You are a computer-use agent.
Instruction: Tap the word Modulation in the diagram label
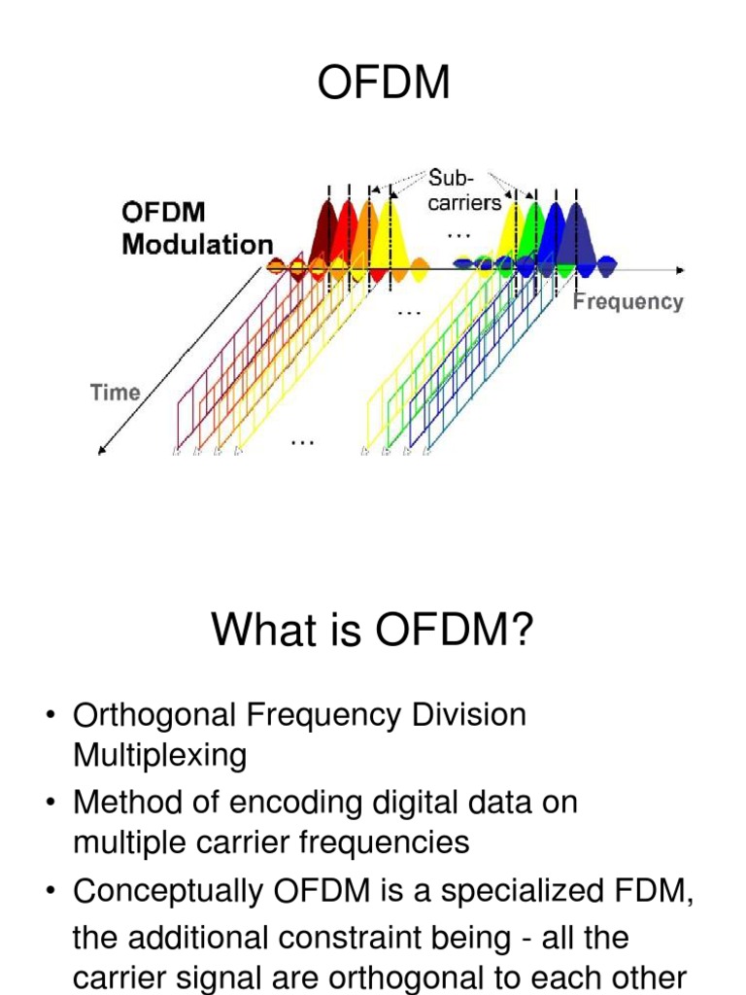tap(197, 244)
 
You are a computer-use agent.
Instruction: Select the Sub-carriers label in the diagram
tap(464, 190)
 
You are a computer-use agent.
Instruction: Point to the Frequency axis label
tap(627, 301)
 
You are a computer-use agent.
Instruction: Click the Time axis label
tap(116, 393)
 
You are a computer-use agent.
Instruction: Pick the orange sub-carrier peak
tap(368, 223)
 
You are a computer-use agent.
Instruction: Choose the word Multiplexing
tap(160, 756)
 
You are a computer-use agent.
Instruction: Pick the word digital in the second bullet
tap(420, 803)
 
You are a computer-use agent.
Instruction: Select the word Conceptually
tap(163, 891)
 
